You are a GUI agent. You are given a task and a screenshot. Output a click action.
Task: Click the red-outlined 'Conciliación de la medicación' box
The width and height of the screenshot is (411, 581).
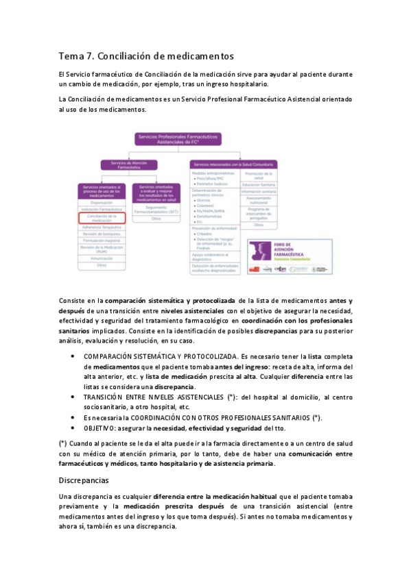(x=102, y=218)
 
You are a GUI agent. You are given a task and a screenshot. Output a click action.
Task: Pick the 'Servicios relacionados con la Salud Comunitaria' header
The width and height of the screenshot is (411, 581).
(x=233, y=164)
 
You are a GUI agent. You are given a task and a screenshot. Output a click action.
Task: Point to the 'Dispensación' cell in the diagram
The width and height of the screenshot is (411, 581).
(x=102, y=202)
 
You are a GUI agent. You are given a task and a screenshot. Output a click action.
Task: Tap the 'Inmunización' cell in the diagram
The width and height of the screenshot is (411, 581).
(x=102, y=258)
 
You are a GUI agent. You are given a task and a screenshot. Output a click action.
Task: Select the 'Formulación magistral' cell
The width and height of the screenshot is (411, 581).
(x=102, y=240)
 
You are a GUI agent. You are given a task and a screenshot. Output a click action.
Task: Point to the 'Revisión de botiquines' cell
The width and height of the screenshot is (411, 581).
(x=102, y=234)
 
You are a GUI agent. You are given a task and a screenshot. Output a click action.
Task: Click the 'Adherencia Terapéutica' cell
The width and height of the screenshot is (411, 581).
(x=102, y=227)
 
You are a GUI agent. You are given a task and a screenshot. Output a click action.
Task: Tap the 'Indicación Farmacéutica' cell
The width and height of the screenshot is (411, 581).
(x=102, y=209)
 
